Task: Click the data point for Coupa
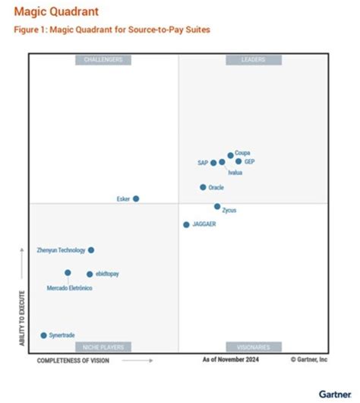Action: pyautogui.click(x=230, y=155)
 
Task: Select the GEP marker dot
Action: pyautogui.click(x=238, y=161)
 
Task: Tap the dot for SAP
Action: pyautogui.click(x=213, y=163)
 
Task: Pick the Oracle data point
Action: pyautogui.click(x=203, y=187)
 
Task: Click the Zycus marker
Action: pyautogui.click(x=217, y=206)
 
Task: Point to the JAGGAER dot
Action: pyautogui.click(x=186, y=224)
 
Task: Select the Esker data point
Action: pyautogui.click(x=136, y=198)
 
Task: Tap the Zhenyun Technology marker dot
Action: pyautogui.click(x=91, y=249)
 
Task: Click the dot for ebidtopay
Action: pyautogui.click(x=90, y=274)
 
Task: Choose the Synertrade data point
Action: pyautogui.click(x=43, y=335)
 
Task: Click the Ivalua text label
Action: pyautogui.click(x=235, y=173)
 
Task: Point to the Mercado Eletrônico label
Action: pyautogui.click(x=70, y=288)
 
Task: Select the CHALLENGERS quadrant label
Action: pyautogui.click(x=103, y=60)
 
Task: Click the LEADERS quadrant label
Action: pyautogui.click(x=253, y=60)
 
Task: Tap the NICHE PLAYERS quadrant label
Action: pyautogui.click(x=103, y=347)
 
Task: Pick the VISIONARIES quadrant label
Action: pyautogui.click(x=253, y=347)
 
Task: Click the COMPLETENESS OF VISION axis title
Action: pyautogui.click(x=73, y=360)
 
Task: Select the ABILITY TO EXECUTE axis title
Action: pyautogui.click(x=22, y=318)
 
